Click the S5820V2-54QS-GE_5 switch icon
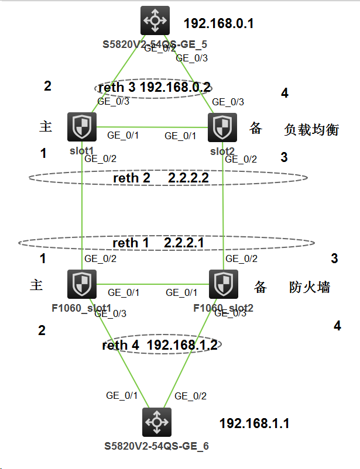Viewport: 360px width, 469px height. [155, 20]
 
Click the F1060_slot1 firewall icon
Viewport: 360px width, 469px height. [81, 284]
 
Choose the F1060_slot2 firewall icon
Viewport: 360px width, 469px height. [223, 284]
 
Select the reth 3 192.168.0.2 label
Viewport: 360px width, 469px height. [155, 88]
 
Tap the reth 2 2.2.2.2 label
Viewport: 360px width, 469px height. [169, 178]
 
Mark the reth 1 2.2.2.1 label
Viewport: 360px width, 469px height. [166, 242]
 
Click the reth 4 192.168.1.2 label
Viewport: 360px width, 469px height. [160, 345]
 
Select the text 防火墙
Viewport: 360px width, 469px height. [310, 287]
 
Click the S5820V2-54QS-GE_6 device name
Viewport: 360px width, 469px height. [156, 446]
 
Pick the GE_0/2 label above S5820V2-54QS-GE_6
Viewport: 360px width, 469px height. [191, 396]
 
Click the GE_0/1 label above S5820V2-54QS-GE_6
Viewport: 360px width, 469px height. [122, 395]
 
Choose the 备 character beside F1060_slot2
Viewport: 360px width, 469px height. [260, 287]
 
